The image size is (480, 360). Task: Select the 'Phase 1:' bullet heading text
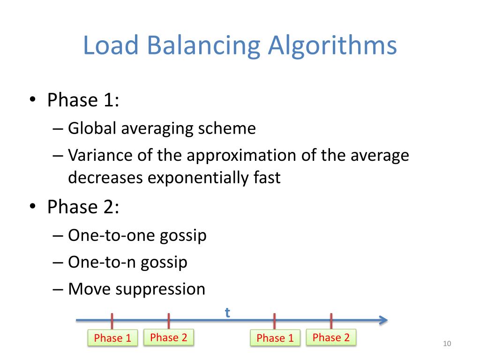coord(83,100)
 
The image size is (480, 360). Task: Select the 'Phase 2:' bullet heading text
coord(83,207)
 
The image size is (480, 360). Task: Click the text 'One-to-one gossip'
coord(137,235)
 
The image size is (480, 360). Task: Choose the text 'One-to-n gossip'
coord(127,262)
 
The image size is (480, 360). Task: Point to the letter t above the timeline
coord(227,313)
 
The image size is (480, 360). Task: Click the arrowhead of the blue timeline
coord(383,320)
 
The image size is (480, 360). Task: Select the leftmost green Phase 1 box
coord(112,338)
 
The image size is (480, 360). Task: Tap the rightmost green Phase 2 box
coord(331,337)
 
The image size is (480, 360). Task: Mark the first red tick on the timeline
coord(112,321)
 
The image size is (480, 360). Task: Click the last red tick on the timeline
coord(331,321)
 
